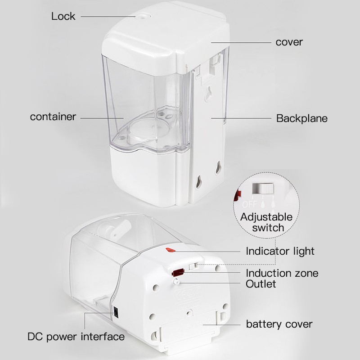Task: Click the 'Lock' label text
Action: [x=63, y=17]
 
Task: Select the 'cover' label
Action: [x=289, y=42]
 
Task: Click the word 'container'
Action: [x=53, y=117]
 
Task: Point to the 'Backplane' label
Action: [x=302, y=119]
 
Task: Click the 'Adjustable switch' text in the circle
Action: [x=266, y=222]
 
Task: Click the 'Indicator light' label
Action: [x=280, y=251]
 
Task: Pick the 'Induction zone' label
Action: [x=282, y=273]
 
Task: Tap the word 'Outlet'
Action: [x=261, y=284]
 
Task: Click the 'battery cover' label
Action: [x=279, y=324]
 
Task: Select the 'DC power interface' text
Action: [x=76, y=336]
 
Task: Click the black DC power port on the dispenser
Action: [x=116, y=311]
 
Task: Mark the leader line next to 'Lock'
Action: [x=108, y=17]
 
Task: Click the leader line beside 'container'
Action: [x=101, y=117]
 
